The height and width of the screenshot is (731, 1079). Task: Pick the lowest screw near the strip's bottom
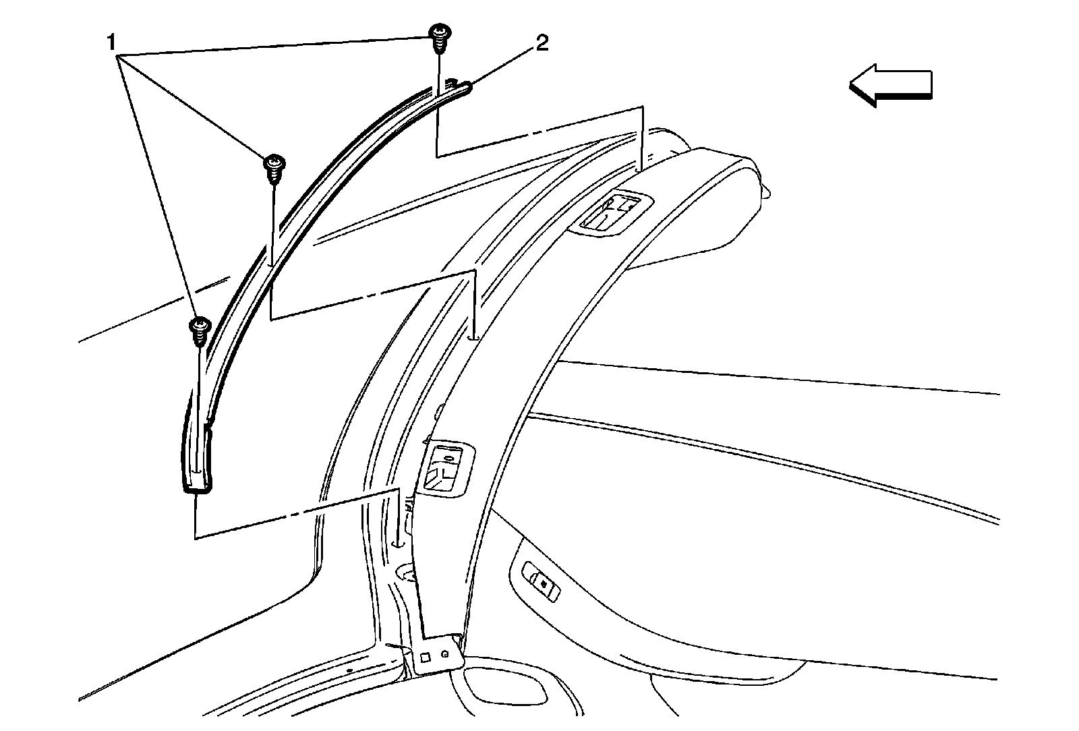[x=200, y=330]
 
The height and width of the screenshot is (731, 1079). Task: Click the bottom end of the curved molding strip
[x=197, y=480]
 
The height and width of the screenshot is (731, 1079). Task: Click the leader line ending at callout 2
[x=506, y=65]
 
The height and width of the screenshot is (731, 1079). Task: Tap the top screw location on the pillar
[x=641, y=166]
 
